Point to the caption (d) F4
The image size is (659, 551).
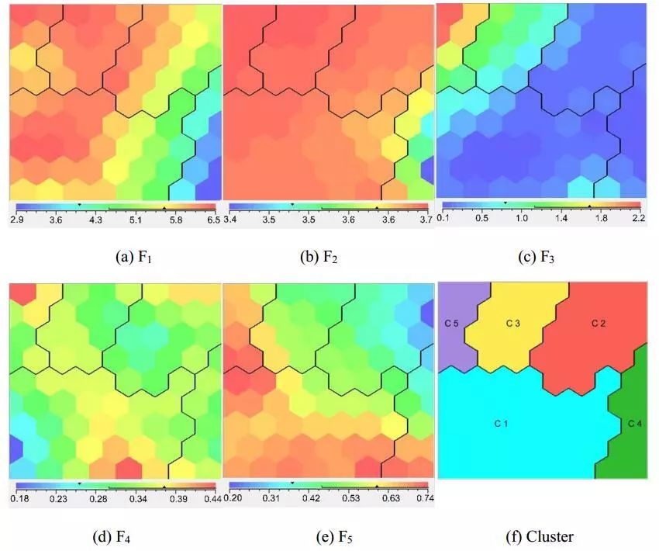116,535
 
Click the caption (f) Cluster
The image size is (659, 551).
540,535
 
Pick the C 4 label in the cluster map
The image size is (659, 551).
635,424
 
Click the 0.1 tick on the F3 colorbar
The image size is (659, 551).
444,219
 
